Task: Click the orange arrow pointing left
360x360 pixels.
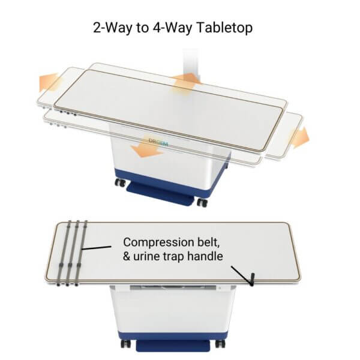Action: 49,82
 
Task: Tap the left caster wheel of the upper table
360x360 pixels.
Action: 121,182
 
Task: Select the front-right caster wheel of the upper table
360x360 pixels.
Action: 202,202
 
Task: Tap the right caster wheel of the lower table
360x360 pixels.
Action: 220,344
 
